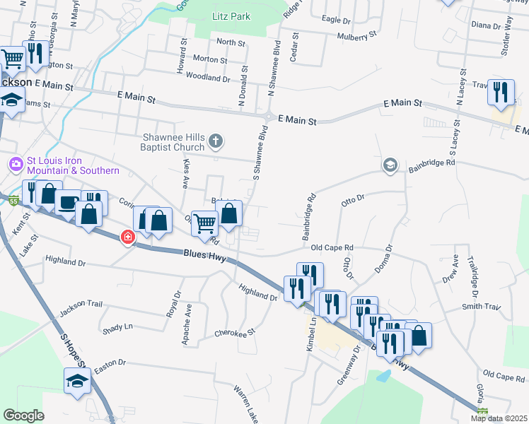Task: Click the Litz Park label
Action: [x=231, y=16]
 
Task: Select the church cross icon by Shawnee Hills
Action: [x=217, y=143]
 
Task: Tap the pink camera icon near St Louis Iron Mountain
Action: [x=16, y=165]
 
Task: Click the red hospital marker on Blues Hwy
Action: [x=128, y=237]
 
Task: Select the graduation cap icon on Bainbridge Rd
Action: [x=390, y=165]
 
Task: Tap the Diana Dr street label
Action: [x=485, y=25]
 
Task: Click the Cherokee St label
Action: [x=234, y=331]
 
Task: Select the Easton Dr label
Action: [x=110, y=363]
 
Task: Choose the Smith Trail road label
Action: [x=481, y=307]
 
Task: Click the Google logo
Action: [x=23, y=416]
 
